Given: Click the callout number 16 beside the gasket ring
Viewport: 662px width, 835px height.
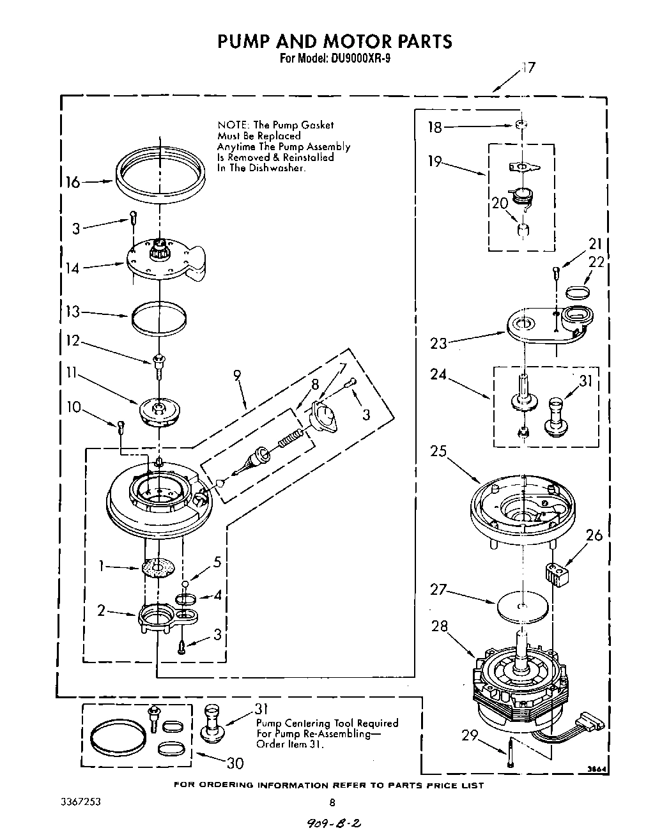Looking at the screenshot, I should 72,183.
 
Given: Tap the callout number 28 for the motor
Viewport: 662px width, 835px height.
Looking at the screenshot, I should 440,626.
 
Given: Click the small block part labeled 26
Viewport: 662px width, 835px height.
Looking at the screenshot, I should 557,572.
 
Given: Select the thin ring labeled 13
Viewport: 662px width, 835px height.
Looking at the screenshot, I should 159,318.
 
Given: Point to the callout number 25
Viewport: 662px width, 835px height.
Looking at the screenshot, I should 438,451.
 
